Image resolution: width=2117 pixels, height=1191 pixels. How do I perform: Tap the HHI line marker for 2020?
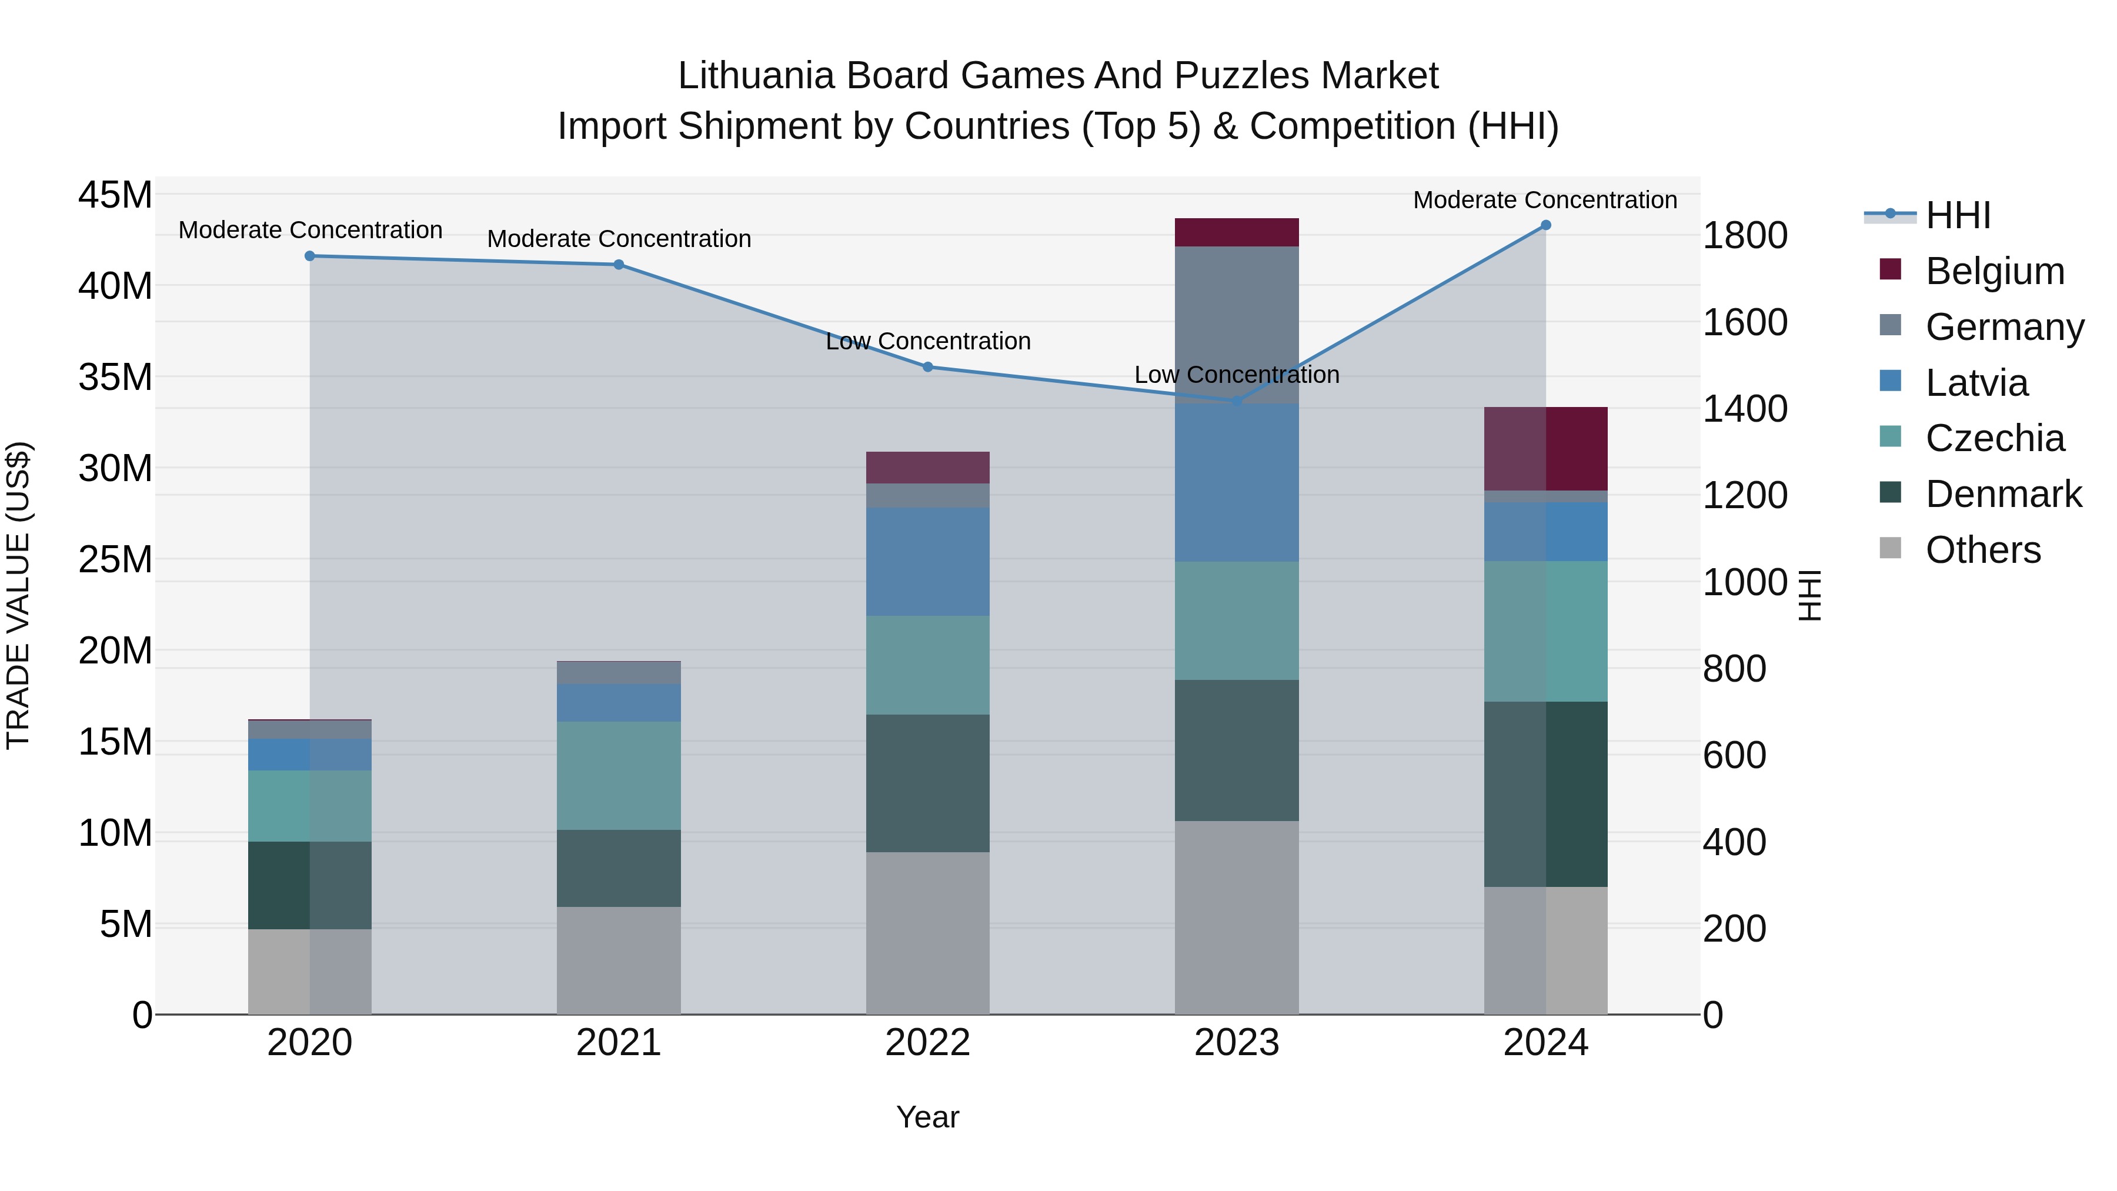(310, 256)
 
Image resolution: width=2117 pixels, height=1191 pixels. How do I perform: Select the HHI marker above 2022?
(928, 366)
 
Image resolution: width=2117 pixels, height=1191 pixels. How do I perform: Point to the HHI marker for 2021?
(619, 265)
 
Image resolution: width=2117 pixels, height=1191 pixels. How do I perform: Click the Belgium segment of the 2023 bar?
(1236, 232)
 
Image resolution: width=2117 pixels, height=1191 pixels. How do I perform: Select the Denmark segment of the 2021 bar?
(619, 868)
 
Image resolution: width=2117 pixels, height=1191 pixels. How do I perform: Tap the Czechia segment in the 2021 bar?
(619, 775)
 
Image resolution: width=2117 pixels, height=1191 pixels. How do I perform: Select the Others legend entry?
(1982, 550)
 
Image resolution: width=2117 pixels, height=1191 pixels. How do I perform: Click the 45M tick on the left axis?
(115, 196)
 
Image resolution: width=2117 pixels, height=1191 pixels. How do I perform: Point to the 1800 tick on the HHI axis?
(1744, 236)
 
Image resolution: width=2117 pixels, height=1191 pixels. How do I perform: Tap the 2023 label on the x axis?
(1236, 1043)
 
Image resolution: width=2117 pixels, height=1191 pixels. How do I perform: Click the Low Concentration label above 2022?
(928, 341)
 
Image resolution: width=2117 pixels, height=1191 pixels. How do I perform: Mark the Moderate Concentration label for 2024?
(1544, 200)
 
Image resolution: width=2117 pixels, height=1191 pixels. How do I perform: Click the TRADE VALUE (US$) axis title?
(18, 595)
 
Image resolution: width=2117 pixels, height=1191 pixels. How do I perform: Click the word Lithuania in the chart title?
(755, 76)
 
